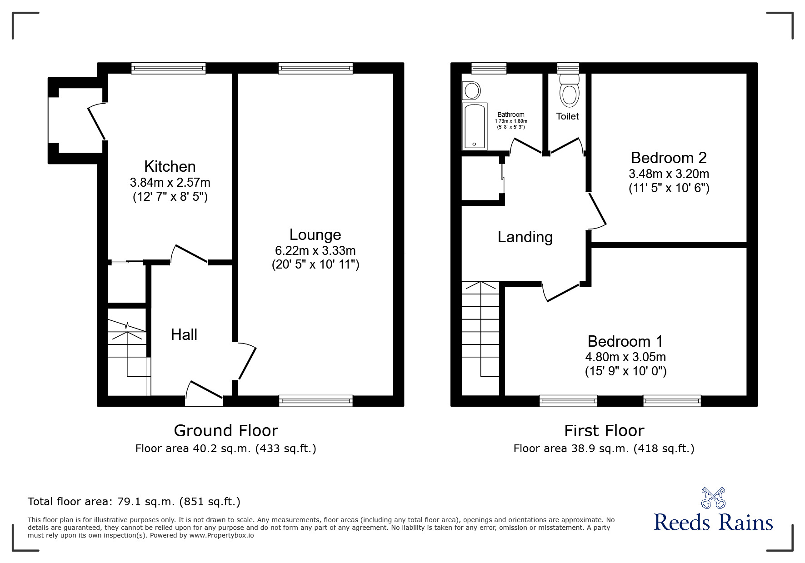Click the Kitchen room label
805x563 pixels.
[170, 166]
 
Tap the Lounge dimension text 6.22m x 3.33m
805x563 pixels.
[315, 250]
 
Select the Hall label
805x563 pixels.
[184, 335]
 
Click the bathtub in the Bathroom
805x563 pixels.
[474, 127]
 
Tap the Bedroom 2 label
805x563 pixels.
[668, 158]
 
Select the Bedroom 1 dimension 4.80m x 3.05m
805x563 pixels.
[625, 357]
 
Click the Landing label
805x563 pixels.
[525, 237]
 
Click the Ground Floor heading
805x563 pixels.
[226, 430]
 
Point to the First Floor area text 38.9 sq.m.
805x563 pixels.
[604, 449]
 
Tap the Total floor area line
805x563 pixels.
[134, 502]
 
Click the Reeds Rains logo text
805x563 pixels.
[713, 522]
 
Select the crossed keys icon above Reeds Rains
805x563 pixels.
[713, 498]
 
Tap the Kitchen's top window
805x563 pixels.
[169, 68]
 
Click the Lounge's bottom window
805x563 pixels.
[316, 400]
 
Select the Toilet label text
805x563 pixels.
[567, 116]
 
